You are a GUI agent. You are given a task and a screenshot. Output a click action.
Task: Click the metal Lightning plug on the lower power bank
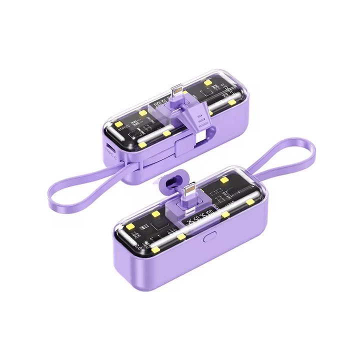[189, 189]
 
